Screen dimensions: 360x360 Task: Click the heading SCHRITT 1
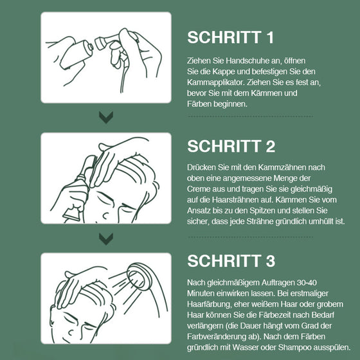[231, 37]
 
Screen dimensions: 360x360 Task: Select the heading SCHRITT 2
[231, 147]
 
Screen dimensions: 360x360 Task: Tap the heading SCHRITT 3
[231, 261]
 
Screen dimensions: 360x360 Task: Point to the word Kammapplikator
[216, 82]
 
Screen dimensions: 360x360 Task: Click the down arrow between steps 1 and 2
[106, 117]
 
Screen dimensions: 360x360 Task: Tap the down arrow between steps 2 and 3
[106, 239]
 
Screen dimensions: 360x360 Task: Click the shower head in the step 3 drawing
[139, 276]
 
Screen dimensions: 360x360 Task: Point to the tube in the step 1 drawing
[76, 55]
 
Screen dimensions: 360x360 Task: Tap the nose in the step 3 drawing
[71, 332]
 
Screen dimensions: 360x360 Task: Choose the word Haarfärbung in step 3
[210, 304]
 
